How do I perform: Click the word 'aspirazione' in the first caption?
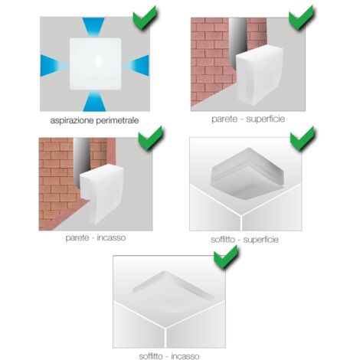click(x=72, y=120)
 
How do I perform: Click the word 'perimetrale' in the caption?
click(x=117, y=120)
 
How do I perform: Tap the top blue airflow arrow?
click(x=93, y=27)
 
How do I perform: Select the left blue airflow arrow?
click(x=53, y=66)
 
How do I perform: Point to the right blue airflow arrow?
click(x=136, y=66)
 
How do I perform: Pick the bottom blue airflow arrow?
click(x=94, y=101)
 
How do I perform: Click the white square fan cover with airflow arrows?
click(x=95, y=64)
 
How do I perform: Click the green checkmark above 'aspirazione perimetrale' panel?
click(x=145, y=17)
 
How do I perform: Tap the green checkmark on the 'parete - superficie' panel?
click(x=301, y=17)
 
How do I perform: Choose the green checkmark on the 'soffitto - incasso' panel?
click(x=226, y=257)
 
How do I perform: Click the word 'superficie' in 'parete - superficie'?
click(x=266, y=119)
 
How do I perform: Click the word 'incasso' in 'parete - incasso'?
click(x=111, y=237)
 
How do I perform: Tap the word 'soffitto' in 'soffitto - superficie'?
click(x=223, y=240)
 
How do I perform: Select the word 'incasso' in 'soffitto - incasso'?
click(x=185, y=356)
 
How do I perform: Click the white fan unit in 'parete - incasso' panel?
click(x=102, y=194)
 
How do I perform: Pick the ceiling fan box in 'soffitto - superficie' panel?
click(x=247, y=171)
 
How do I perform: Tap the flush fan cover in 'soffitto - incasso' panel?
click(x=173, y=291)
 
